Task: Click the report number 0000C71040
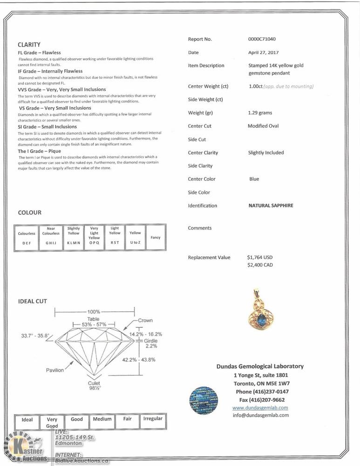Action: pos(265,39)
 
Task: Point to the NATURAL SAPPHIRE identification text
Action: pos(271,206)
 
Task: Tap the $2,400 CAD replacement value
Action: pos(260,265)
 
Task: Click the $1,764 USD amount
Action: pos(259,257)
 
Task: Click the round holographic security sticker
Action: pos(203,400)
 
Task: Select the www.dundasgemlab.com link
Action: pos(260,408)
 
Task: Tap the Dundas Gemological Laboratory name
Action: pos(260,366)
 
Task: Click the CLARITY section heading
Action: pos(29,45)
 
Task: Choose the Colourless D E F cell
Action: pos(27,238)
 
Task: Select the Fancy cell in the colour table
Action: pos(156,238)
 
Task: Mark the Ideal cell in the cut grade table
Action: pos(27,420)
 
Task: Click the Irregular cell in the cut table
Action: pos(153,419)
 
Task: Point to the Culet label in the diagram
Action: pos(94,384)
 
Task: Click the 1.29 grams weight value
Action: pos(260,113)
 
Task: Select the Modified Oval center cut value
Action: pos(263,126)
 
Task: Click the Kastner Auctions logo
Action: pos(26,449)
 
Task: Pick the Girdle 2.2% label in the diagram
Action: pos(150,343)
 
